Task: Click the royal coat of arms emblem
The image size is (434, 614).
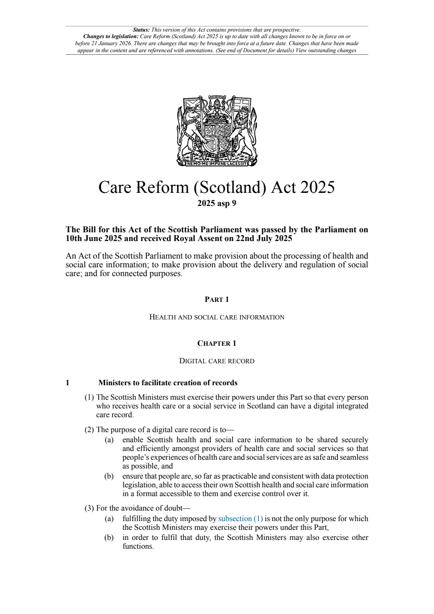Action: [217, 130]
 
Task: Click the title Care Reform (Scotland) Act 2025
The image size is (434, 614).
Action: [216, 187]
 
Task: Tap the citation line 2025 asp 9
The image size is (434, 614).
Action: [217, 203]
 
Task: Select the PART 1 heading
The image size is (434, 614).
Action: [217, 300]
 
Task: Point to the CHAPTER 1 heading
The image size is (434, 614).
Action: [217, 344]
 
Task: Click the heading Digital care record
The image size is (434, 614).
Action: [217, 361]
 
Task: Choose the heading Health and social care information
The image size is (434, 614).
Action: [217, 317]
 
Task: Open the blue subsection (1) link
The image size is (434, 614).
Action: [240, 518]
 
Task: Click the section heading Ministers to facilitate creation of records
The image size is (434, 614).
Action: [168, 383]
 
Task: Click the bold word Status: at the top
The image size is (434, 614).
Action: [141, 30]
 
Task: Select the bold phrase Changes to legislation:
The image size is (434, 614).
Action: [111, 36]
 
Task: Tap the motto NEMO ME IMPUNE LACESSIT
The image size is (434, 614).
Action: [217, 163]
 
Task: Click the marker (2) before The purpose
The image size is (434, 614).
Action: [89, 429]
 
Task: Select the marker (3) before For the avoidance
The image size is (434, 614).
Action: [89, 508]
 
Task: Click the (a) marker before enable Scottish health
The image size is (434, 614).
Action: [109, 440]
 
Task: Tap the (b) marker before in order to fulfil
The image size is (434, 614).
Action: [109, 537]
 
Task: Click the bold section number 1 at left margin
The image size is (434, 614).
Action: [67, 383]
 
